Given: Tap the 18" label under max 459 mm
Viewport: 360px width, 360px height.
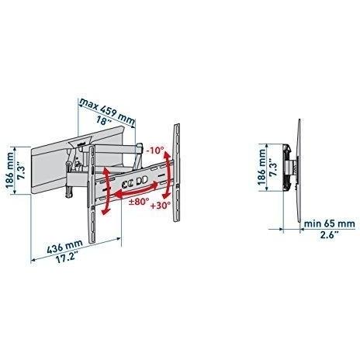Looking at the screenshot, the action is (x=103, y=120).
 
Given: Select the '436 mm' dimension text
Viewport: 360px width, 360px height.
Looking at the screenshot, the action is (x=65, y=246).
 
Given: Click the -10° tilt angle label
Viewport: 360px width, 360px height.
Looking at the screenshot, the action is (x=154, y=151).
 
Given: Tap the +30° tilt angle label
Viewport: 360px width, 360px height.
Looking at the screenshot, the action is (x=161, y=206).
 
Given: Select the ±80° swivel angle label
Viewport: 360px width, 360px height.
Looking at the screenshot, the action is (x=139, y=201).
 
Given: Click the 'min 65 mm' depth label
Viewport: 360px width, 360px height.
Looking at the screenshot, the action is (x=330, y=223).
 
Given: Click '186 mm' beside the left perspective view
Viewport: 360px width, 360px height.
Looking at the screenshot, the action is (x=10, y=170).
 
